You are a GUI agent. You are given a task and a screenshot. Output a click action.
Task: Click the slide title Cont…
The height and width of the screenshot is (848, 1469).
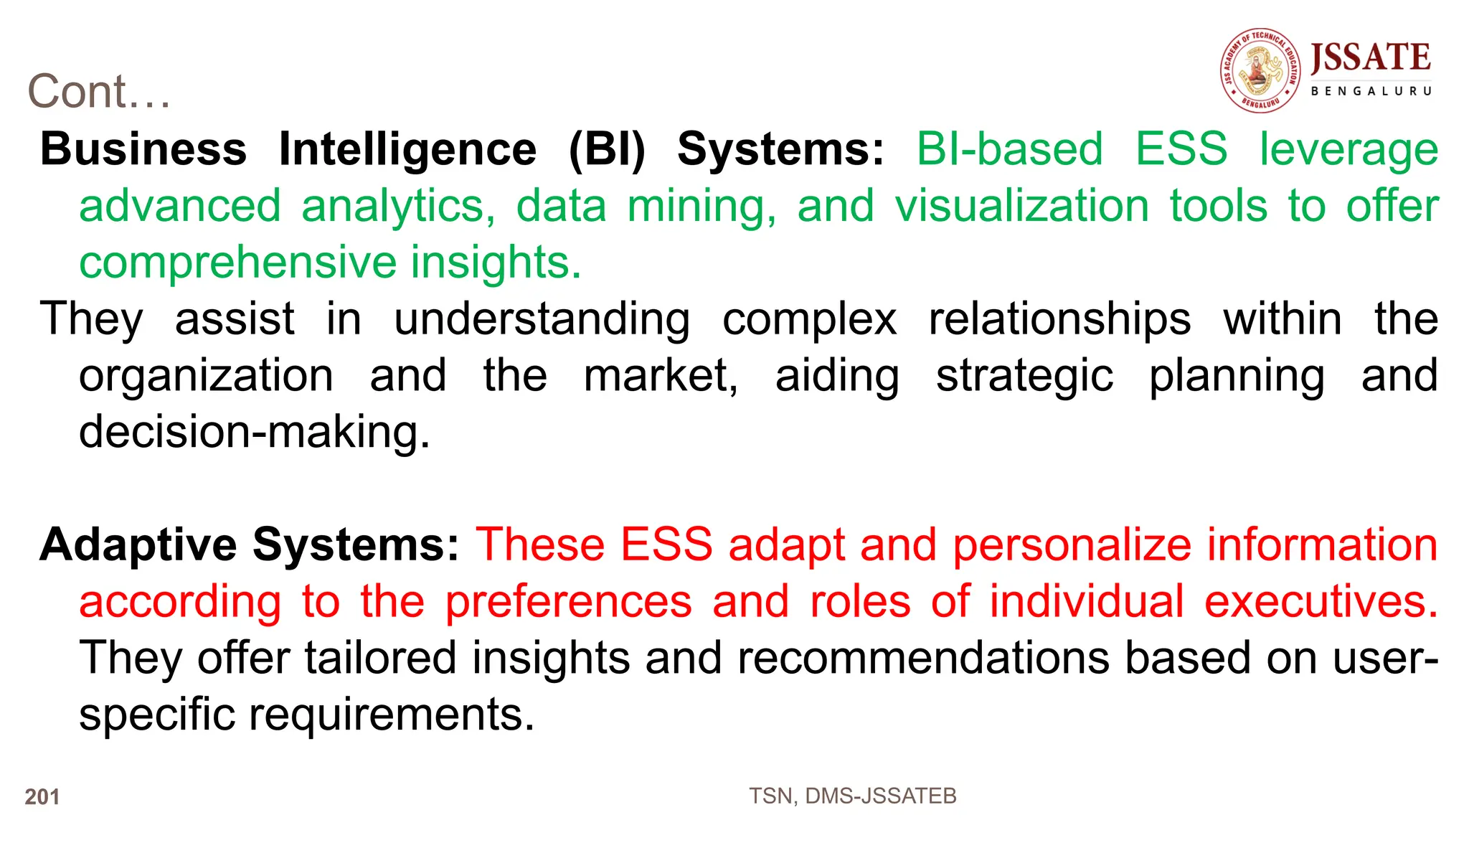99,92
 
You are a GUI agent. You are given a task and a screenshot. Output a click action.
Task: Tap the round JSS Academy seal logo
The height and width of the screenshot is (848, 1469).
1260,71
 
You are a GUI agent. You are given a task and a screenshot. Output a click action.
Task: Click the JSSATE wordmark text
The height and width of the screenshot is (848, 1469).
1370,58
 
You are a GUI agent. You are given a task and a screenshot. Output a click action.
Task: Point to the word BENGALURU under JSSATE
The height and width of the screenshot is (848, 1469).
1371,91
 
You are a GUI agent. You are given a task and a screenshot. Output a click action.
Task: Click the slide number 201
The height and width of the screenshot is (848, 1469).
42,796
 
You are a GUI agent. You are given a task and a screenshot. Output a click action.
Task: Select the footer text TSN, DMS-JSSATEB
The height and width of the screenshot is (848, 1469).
852,796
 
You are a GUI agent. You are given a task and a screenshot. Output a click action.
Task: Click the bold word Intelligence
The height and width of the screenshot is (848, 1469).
407,149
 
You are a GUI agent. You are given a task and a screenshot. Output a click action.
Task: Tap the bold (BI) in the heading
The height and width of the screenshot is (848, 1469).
607,149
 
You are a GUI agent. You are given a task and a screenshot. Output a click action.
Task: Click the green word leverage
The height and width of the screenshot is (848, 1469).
1348,151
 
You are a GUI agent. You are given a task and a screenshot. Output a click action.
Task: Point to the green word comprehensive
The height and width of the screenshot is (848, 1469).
237,263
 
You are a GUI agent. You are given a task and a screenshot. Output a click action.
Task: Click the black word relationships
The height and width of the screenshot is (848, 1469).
1059,319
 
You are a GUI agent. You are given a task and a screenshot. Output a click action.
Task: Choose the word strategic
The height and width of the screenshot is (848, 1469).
1024,377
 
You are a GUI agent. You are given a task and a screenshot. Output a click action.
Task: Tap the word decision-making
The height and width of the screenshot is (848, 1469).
254,433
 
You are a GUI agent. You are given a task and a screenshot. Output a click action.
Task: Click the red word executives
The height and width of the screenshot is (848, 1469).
1321,601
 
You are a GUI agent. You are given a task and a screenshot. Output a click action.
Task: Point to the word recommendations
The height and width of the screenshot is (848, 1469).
923,658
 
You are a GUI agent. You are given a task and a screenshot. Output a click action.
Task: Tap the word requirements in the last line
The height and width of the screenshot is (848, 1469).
392,715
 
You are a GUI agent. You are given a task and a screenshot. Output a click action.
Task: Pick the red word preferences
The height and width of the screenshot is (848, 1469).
569,603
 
